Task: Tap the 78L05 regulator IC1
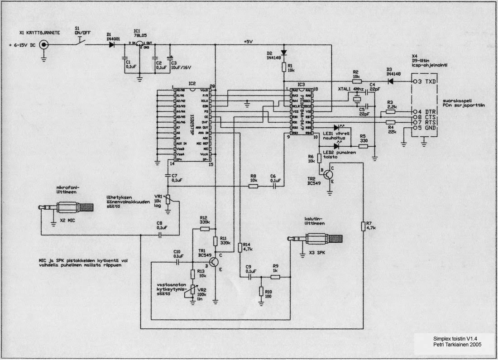[x=140, y=45]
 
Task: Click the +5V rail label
[x=248, y=42]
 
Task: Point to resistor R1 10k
[x=284, y=67]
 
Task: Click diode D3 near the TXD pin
[x=389, y=82]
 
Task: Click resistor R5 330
[x=363, y=146]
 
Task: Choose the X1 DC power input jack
[x=44, y=45]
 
